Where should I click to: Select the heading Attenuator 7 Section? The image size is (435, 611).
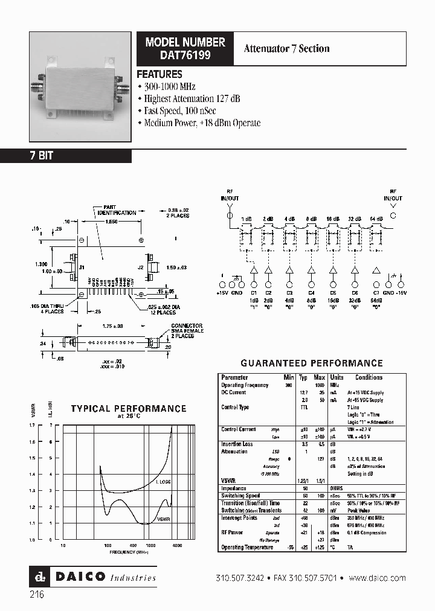[x=286, y=49]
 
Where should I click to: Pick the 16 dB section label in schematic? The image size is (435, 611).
[x=333, y=219]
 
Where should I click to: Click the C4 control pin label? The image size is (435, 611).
[x=311, y=292]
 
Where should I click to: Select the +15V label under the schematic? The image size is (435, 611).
[x=222, y=292]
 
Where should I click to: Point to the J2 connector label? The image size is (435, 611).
[x=140, y=266]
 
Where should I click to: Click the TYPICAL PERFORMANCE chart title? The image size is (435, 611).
[x=128, y=409]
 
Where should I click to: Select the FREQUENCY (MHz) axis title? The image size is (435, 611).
[x=129, y=552]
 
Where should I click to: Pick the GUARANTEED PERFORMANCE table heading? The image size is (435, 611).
[x=312, y=363]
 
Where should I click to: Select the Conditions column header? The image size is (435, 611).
[x=369, y=377]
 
